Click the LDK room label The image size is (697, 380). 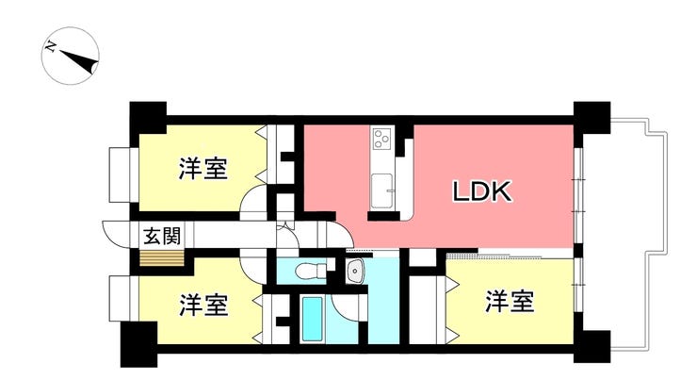pos(482,191)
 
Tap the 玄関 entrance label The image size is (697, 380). pos(162,236)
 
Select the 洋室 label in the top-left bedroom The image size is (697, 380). pos(203,169)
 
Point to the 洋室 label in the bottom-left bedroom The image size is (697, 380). pos(203,305)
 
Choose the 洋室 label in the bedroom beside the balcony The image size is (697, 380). pos(510,301)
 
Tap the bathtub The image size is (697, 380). pos(312,319)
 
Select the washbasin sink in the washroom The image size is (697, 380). pos(356,271)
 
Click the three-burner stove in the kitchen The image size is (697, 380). pos(381,139)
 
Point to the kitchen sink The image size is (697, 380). pos(381,190)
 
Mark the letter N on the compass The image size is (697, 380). pos(51,46)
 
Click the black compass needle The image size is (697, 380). pos(79,61)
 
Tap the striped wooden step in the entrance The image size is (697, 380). pos(162,258)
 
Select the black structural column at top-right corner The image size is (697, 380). pos(592,118)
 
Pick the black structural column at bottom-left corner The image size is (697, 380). pos(138,344)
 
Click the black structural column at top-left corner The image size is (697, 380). pos(148,118)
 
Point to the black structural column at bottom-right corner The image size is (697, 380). pos(592,347)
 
